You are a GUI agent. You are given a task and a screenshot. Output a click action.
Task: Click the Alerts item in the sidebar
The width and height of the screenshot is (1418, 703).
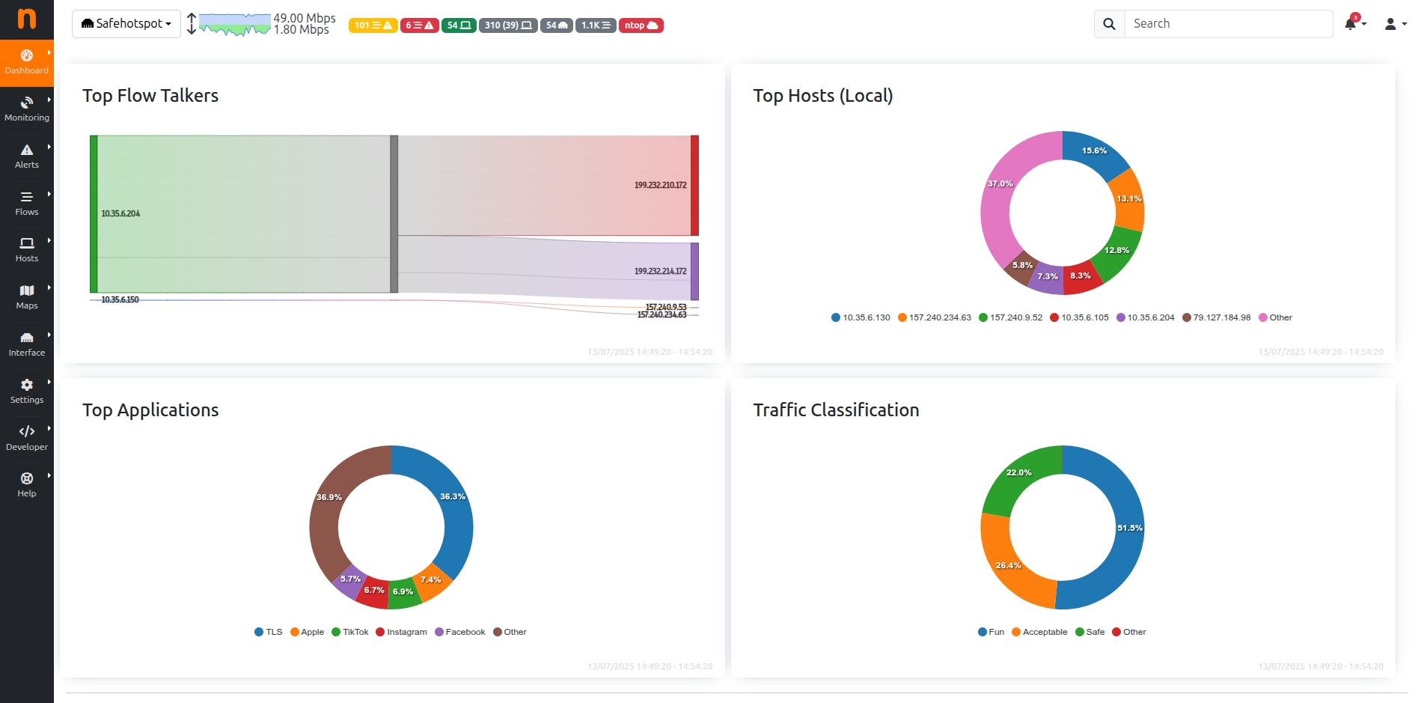[27, 156]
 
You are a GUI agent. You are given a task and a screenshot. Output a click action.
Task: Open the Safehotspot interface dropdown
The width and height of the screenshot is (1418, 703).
[126, 24]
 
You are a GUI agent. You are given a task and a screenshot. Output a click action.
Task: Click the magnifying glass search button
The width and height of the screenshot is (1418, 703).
[1109, 24]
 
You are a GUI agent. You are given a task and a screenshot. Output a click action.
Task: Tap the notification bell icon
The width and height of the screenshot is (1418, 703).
[1351, 24]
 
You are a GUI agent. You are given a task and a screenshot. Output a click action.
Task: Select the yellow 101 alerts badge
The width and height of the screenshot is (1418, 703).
[373, 25]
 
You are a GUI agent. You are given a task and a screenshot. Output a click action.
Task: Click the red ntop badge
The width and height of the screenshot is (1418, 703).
[641, 25]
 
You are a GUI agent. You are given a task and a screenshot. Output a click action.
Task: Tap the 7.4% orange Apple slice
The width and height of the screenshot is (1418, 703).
[431, 580]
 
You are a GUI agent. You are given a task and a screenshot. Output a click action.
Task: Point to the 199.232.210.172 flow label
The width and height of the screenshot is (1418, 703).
[660, 185]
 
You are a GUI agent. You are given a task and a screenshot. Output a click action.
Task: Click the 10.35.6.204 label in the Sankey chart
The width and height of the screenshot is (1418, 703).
[120, 214]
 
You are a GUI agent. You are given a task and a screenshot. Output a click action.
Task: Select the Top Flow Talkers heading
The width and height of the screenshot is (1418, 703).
[150, 96]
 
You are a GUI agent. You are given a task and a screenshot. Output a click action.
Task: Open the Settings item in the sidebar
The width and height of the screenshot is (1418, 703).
[27, 391]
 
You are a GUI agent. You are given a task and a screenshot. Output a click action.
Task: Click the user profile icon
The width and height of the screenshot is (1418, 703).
[1390, 24]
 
